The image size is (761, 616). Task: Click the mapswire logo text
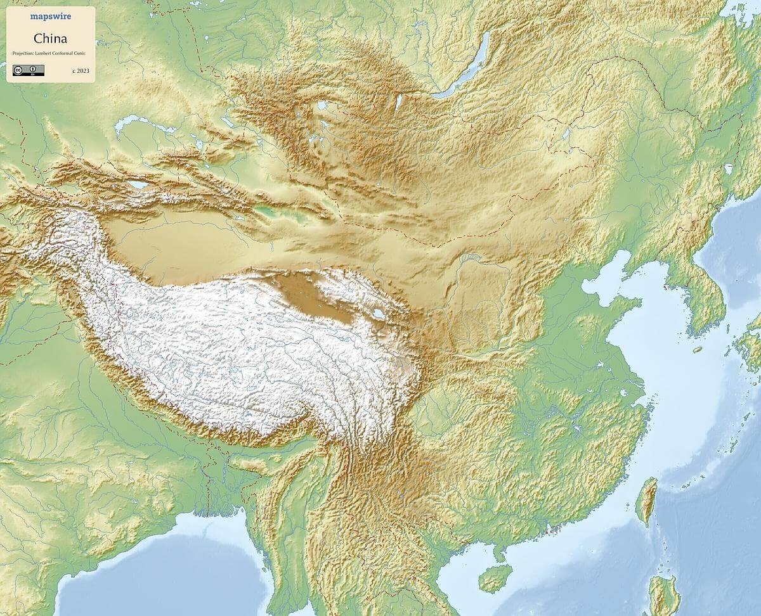[51, 17]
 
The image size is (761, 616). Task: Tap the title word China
[51, 38]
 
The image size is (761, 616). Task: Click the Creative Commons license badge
[28, 70]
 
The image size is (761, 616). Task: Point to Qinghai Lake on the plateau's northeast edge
[379, 314]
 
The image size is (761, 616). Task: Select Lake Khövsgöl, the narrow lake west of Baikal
[399, 101]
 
